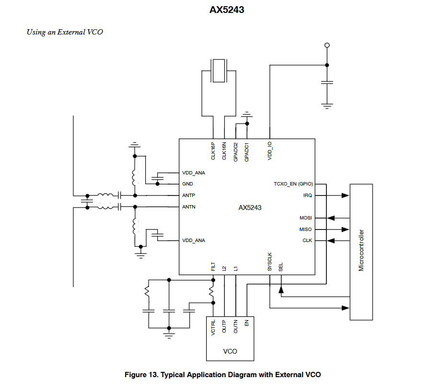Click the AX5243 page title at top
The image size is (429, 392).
click(x=227, y=10)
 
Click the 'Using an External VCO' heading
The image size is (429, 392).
click(x=65, y=32)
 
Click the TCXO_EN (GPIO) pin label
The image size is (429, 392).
click(x=293, y=184)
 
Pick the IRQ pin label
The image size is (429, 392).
click(x=307, y=196)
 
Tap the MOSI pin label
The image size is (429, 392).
click(x=306, y=218)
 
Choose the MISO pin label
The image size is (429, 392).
click(x=306, y=230)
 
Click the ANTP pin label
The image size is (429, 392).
click(x=189, y=196)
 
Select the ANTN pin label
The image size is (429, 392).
click(x=189, y=207)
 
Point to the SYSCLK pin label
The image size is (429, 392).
click(x=270, y=262)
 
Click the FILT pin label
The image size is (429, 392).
click(x=213, y=266)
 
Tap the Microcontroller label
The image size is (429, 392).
click(x=361, y=251)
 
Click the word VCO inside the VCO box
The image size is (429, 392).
click(x=230, y=351)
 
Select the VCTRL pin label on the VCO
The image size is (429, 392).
click(x=213, y=328)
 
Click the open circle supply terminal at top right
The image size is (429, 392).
click(x=327, y=46)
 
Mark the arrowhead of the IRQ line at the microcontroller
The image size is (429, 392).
click(x=346, y=196)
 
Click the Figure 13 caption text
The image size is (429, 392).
click(x=222, y=375)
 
